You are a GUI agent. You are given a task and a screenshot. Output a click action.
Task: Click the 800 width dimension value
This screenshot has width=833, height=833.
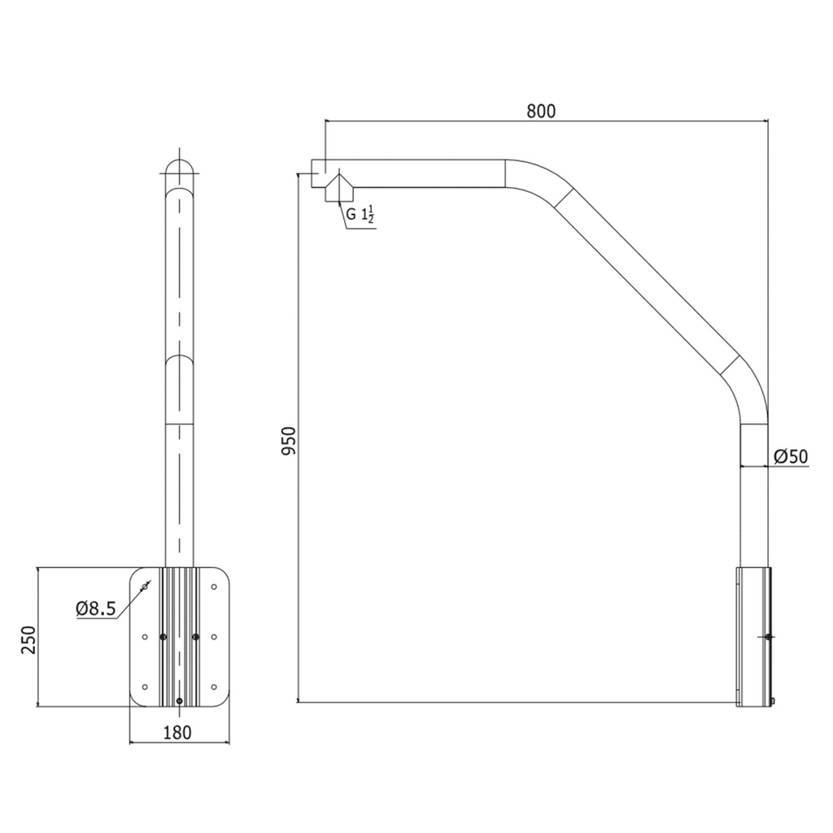tap(540, 111)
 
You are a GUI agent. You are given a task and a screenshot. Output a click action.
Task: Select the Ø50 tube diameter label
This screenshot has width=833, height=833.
tap(791, 457)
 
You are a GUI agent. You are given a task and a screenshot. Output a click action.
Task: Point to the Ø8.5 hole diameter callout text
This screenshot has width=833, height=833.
tap(96, 608)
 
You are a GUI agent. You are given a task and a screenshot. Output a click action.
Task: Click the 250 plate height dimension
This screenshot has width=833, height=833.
tap(28, 640)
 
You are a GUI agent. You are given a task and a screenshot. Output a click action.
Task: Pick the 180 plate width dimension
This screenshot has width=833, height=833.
tap(177, 732)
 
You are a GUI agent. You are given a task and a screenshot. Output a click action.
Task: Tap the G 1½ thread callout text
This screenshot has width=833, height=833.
tap(360, 216)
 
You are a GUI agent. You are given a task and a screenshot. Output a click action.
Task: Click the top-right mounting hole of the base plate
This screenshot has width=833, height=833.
tap(215, 587)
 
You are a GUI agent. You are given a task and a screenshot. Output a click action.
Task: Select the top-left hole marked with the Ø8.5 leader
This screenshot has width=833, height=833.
tap(145, 586)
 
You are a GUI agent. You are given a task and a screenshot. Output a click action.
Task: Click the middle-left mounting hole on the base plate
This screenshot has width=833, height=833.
tap(145, 637)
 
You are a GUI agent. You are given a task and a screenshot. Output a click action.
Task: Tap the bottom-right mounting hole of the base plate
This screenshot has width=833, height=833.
tap(215, 687)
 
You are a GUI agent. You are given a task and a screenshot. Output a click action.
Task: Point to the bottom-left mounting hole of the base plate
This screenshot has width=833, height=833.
tap(145, 687)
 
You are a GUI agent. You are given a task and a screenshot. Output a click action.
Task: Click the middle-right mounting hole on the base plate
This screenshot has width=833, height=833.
tap(215, 637)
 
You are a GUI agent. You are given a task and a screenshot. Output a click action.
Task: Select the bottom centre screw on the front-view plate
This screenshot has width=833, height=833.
tap(180, 700)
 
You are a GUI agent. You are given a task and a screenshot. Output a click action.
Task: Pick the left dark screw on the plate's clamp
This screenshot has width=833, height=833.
tap(164, 637)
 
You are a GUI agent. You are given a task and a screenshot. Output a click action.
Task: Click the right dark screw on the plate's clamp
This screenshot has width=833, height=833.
tap(196, 637)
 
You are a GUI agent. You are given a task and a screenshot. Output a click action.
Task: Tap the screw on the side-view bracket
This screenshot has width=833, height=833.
tap(769, 637)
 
